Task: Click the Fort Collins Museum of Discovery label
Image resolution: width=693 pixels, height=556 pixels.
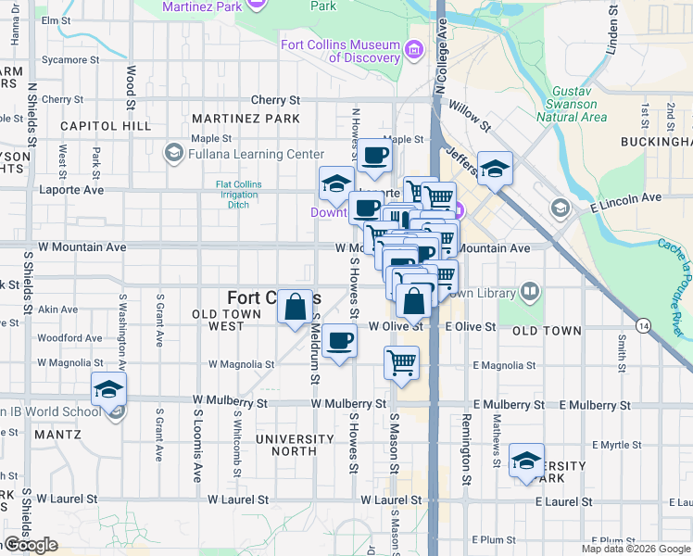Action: [x=340, y=51]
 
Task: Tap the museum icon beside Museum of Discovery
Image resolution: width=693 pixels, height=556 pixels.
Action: [x=414, y=50]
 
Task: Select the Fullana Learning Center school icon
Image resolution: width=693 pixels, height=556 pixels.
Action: [x=173, y=152]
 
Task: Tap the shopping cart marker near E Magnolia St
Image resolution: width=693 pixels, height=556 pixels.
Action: [x=401, y=363]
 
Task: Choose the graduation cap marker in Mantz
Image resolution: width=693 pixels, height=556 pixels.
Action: [x=109, y=389]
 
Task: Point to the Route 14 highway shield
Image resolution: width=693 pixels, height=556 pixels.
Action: [x=643, y=324]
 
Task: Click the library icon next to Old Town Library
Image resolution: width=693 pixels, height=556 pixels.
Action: [x=530, y=292]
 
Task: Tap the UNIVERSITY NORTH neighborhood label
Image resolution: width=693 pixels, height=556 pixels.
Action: [x=294, y=445]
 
